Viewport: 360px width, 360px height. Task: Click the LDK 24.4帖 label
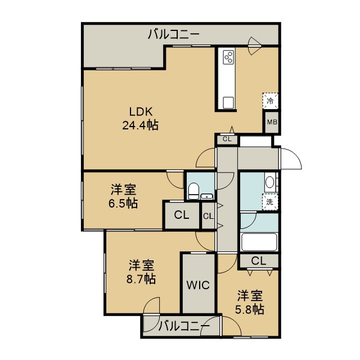(140, 119)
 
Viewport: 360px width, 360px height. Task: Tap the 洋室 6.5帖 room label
(123, 196)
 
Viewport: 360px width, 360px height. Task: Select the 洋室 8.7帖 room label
(141, 272)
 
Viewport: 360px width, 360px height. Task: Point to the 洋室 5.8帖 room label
(250, 303)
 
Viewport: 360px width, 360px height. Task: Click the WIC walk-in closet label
(198, 285)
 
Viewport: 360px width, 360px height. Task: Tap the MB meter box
(272, 123)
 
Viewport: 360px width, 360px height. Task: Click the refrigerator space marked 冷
(271, 101)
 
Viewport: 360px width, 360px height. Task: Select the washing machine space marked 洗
(270, 202)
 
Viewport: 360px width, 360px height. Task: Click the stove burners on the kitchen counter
(229, 57)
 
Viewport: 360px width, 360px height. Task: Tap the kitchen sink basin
(229, 102)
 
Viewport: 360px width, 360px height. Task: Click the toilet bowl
(193, 191)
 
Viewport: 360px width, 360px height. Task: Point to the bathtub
(259, 242)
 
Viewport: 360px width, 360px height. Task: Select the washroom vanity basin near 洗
(269, 182)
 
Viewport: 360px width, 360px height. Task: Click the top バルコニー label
(174, 34)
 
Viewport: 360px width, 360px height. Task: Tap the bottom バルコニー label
(184, 326)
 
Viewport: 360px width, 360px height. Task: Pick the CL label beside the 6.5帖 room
(181, 215)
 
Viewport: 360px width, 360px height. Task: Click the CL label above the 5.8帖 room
(259, 261)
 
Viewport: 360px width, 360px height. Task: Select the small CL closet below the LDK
(227, 139)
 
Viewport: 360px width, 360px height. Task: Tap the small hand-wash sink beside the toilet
(207, 197)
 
